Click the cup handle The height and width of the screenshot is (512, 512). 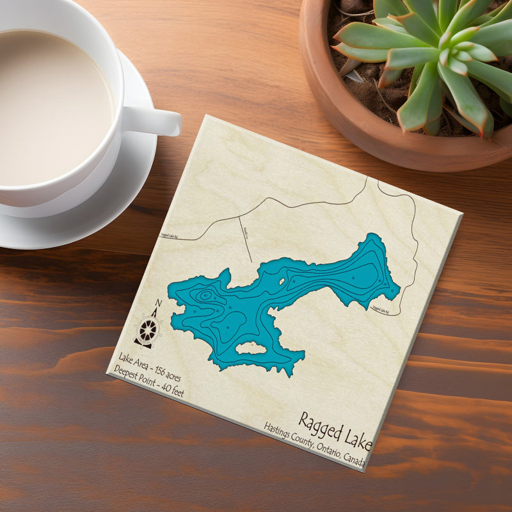157,120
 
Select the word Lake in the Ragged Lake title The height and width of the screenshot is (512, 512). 356,440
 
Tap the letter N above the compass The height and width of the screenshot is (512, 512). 158,305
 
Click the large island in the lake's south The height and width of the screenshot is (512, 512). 251,348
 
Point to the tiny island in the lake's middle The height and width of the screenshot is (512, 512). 280,282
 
